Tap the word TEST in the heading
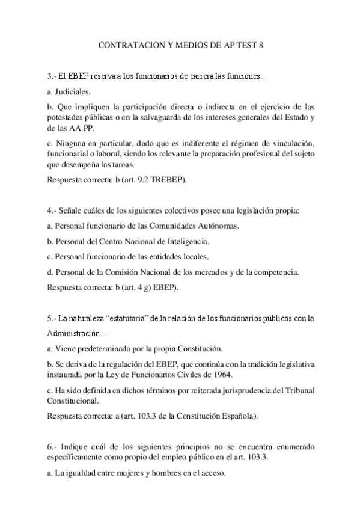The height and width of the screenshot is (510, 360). point(244,46)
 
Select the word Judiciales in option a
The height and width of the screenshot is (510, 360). point(72,92)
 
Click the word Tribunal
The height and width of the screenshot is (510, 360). point(297,390)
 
